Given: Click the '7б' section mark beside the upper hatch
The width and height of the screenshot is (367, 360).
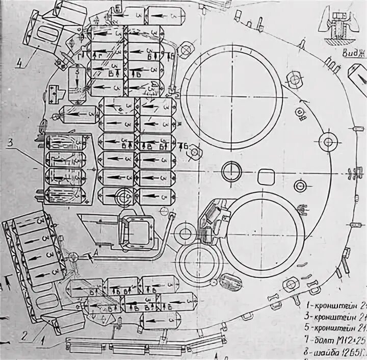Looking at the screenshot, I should click(185, 148).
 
